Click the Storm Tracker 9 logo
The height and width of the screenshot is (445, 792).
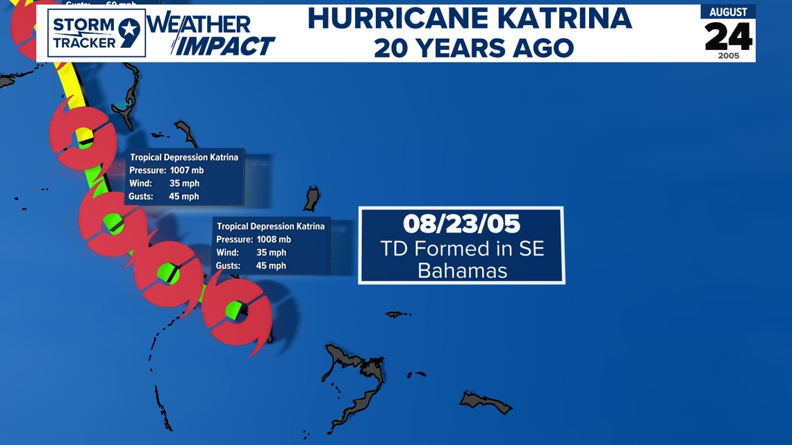[x=97, y=33]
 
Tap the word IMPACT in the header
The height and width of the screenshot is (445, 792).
[x=224, y=46]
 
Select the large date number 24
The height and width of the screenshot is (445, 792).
[x=728, y=36]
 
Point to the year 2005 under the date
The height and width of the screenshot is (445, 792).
[x=728, y=56]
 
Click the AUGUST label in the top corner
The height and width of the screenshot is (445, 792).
[x=728, y=12]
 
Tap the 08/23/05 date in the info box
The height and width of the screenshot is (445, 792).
[x=461, y=224]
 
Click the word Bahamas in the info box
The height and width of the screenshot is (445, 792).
[x=462, y=271]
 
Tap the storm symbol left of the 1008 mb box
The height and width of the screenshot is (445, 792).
[x=168, y=274]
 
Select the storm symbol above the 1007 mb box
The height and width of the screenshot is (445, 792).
[x=83, y=137]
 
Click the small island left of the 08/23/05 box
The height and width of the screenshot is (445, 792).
[x=312, y=199]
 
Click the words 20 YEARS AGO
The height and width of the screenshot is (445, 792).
[x=474, y=48]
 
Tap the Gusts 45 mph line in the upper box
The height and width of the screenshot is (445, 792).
[x=164, y=196]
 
